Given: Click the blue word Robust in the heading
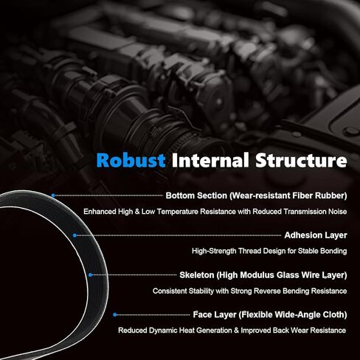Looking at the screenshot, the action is click(x=131, y=160).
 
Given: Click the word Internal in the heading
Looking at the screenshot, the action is click(x=210, y=160).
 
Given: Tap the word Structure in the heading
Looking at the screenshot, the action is click(x=301, y=160).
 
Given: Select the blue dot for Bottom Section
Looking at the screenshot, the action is click(x=53, y=195).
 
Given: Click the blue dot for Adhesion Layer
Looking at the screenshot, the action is click(x=75, y=235).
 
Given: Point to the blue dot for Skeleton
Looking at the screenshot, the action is click(x=90, y=275).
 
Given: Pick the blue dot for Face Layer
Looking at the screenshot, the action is click(x=115, y=315).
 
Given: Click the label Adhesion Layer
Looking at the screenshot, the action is click(x=316, y=235).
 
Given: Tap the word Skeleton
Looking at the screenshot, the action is click(x=197, y=275).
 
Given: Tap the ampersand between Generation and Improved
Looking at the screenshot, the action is click(x=236, y=330).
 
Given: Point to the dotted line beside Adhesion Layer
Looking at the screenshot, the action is click(x=179, y=235).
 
